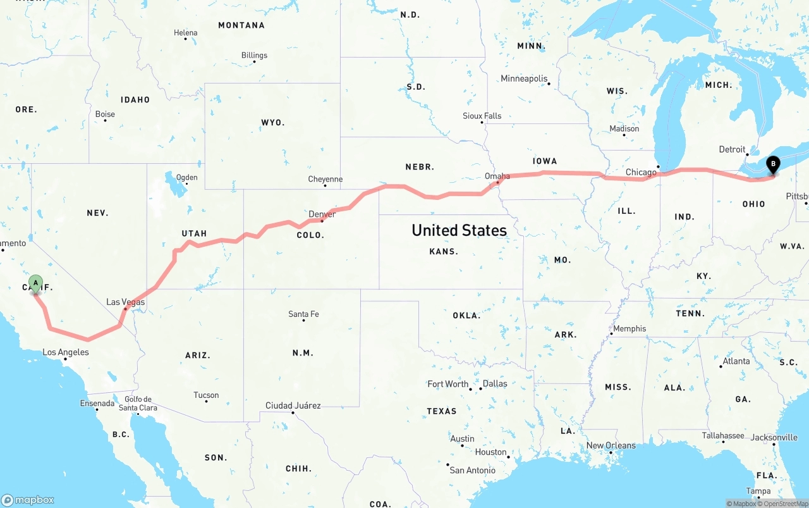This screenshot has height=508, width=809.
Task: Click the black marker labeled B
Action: (772, 165)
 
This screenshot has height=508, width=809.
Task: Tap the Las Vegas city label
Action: (125, 302)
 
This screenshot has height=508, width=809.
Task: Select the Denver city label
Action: (322, 214)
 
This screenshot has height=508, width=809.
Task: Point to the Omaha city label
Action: (497, 176)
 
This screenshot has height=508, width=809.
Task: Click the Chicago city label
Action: (641, 172)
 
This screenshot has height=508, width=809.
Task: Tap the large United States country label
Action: (459, 230)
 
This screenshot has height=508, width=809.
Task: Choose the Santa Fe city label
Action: (303, 314)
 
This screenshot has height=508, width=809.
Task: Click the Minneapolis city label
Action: (524, 78)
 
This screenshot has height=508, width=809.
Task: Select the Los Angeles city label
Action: (65, 352)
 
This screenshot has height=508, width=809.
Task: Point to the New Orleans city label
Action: (611, 445)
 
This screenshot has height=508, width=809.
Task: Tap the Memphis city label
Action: (629, 328)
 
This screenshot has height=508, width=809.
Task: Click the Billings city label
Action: (254, 55)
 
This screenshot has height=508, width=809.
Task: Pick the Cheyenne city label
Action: (325, 179)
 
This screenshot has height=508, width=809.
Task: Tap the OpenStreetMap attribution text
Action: (786, 504)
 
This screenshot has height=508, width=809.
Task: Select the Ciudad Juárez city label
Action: (293, 406)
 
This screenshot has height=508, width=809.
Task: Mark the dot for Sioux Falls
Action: (482, 122)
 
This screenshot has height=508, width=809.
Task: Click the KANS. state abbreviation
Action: (443, 251)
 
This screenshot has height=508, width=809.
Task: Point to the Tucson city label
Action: (206, 395)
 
